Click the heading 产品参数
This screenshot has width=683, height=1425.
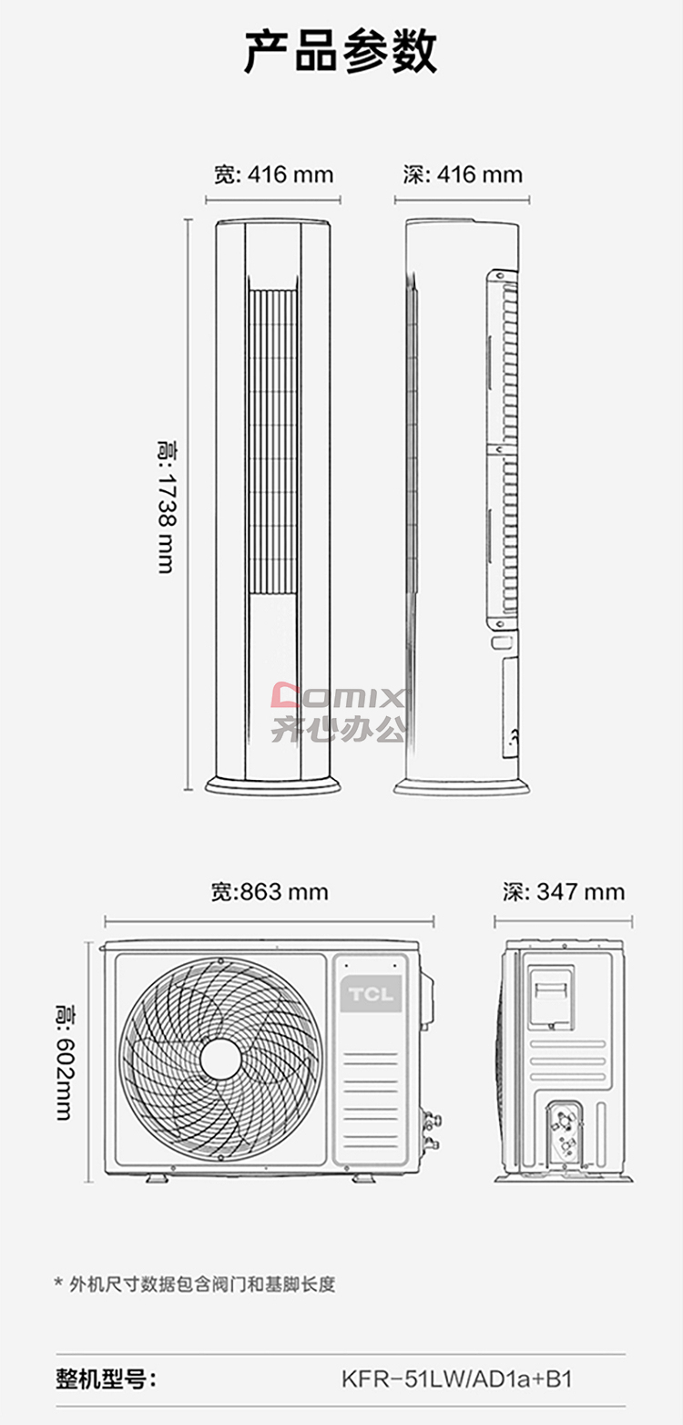tap(341, 52)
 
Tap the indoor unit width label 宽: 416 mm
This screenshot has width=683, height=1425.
tap(273, 174)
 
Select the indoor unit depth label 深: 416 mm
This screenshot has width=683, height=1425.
tap(463, 174)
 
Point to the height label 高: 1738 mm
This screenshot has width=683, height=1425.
tap(167, 507)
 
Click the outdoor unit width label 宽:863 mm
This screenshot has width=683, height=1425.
tap(270, 892)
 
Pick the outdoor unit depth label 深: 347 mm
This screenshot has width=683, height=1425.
tap(564, 892)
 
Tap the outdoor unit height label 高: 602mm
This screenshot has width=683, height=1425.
tap(65, 1061)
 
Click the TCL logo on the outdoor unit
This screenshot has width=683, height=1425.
tap(371, 994)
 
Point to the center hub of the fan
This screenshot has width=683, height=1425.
tap(220, 1059)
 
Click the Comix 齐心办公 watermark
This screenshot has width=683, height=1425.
tap(339, 712)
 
